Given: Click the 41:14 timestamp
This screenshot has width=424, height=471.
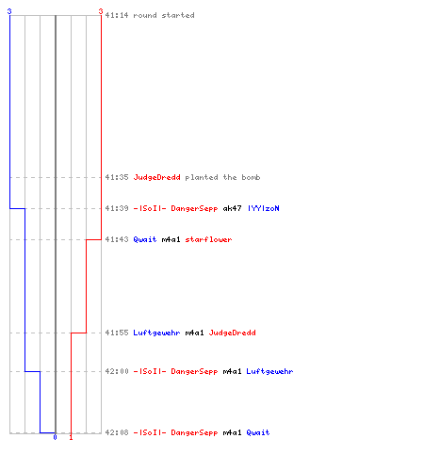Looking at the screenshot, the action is [117, 15].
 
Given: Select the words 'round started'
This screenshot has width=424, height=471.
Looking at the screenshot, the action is [164, 15].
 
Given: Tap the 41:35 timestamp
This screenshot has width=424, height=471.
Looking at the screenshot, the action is [117, 177].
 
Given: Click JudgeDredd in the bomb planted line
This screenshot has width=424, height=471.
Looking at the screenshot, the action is [156, 178].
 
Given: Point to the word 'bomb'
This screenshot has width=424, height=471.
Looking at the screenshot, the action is [251, 177].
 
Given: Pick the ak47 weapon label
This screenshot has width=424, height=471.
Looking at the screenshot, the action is [232, 208].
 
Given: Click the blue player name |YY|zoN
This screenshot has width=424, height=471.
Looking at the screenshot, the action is [263, 208].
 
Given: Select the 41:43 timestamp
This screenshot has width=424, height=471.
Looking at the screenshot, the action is [117, 239].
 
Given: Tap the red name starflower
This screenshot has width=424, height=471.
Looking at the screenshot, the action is [208, 239].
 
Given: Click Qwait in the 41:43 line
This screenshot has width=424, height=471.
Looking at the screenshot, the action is [145, 239].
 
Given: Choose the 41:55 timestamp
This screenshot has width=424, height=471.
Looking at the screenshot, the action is [117, 333].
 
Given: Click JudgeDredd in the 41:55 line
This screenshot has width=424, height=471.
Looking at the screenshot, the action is [232, 333].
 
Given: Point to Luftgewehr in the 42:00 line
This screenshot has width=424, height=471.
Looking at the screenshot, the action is [269, 372].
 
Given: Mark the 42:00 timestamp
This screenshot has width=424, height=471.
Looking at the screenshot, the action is [117, 371].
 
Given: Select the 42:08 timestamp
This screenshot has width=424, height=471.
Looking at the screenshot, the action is [117, 432].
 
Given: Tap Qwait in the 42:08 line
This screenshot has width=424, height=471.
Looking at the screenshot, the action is [258, 432].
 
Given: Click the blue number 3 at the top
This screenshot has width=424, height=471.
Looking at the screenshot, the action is [9, 11].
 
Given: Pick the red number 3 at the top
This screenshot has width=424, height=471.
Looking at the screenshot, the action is [101, 11].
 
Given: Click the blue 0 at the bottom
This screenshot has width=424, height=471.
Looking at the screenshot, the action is [56, 437].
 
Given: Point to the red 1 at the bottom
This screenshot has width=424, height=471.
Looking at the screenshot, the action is [71, 437].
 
